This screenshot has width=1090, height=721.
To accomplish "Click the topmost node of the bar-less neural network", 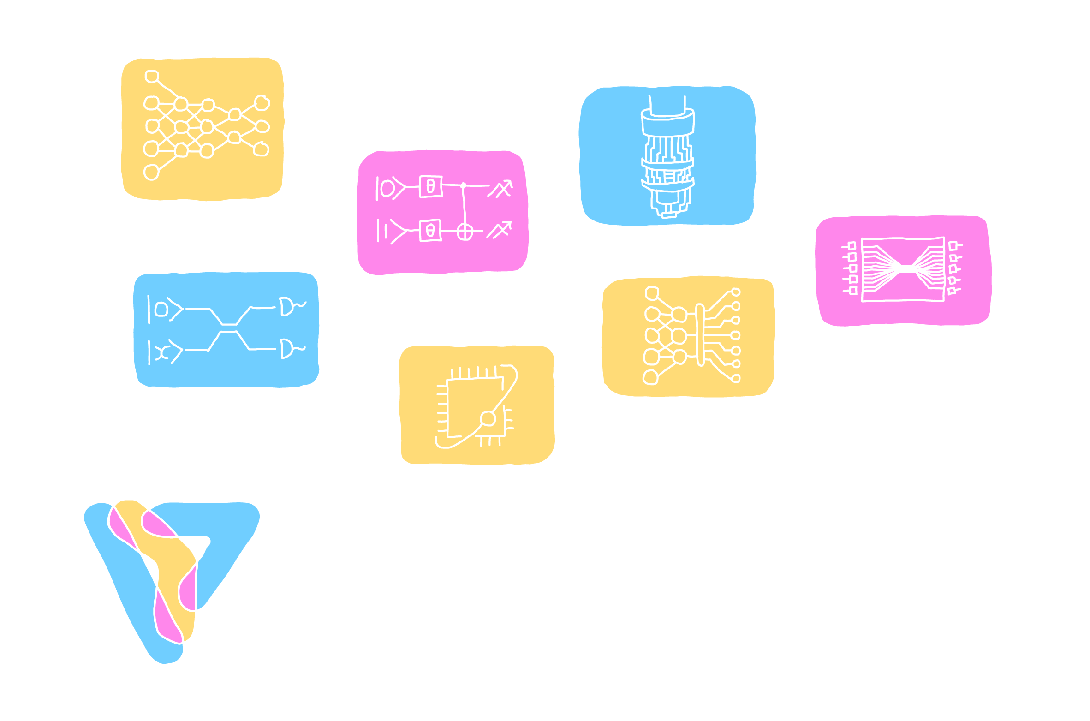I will tap(151, 76).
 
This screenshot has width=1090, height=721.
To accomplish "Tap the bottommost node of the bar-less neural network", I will tap(151, 173).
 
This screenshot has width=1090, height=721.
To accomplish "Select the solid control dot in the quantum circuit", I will tap(464, 186).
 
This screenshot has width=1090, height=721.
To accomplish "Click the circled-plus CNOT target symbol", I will tap(465, 232).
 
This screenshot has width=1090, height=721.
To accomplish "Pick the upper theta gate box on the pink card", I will tap(431, 186).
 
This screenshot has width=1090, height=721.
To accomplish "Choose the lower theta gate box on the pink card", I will tap(430, 230).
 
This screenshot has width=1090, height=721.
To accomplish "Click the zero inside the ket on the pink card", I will tap(387, 188).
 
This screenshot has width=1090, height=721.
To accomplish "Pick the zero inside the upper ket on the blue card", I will tap(161, 309).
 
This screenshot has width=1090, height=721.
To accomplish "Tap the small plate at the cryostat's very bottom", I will tap(669, 215).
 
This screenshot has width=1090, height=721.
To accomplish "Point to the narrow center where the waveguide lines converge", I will tap(906, 268).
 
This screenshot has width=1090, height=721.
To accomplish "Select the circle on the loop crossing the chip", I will tap(488, 418).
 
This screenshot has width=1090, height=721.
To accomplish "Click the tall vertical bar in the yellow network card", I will tap(700, 334).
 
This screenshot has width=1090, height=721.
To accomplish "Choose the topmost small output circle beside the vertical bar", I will tap(736, 292).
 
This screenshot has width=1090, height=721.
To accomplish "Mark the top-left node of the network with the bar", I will tap(652, 292).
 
